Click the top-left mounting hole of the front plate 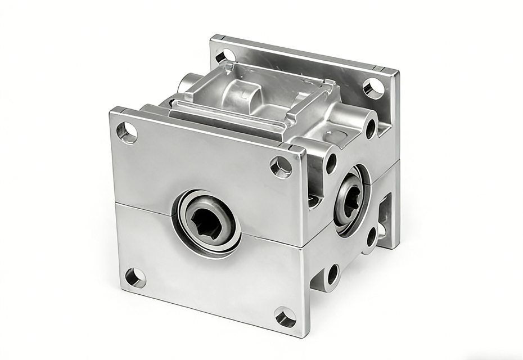coord(127,132)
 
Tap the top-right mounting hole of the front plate coord(281,166)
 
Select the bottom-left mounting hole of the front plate coord(135,277)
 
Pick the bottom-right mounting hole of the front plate coord(285,317)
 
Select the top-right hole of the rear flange coord(373,88)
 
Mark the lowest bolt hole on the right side coord(333,274)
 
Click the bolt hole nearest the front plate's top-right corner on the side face coord(331,163)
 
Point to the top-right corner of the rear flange coord(398,73)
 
